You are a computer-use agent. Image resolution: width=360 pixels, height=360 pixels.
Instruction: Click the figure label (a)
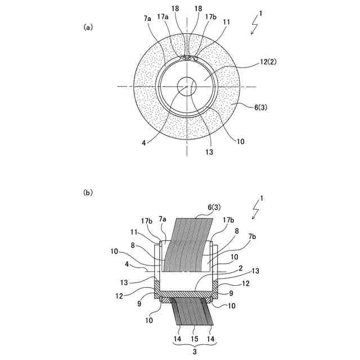[88, 28]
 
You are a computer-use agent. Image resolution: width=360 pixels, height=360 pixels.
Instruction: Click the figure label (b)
[88, 192]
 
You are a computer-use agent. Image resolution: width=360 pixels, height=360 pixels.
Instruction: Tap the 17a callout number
[163, 17]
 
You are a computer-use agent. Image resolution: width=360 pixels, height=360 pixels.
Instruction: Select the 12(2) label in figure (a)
[268, 62]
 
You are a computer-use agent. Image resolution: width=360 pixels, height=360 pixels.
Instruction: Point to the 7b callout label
[252, 236]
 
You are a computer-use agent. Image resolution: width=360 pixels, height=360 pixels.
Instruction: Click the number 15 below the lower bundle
[194, 339]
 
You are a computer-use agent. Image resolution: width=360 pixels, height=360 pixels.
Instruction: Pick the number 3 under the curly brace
[195, 352]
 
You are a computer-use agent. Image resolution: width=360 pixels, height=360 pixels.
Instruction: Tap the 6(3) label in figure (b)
[214, 208]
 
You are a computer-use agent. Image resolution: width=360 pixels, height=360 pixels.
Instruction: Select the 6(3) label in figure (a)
[260, 107]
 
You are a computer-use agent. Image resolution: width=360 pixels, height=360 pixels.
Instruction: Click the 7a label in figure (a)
[147, 19]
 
